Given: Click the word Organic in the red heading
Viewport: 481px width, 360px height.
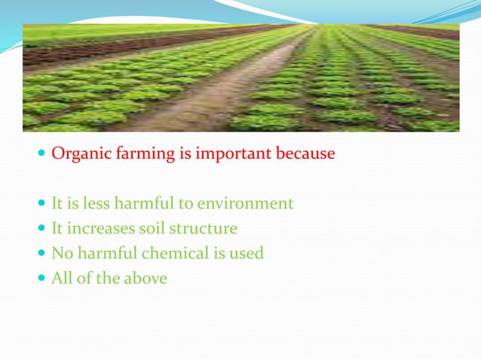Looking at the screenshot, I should pyautogui.click(x=78, y=155).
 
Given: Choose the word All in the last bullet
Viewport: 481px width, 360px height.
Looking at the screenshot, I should pyautogui.click(x=62, y=278).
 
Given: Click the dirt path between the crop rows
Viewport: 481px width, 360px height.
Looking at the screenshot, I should pyautogui.click(x=204, y=105).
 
